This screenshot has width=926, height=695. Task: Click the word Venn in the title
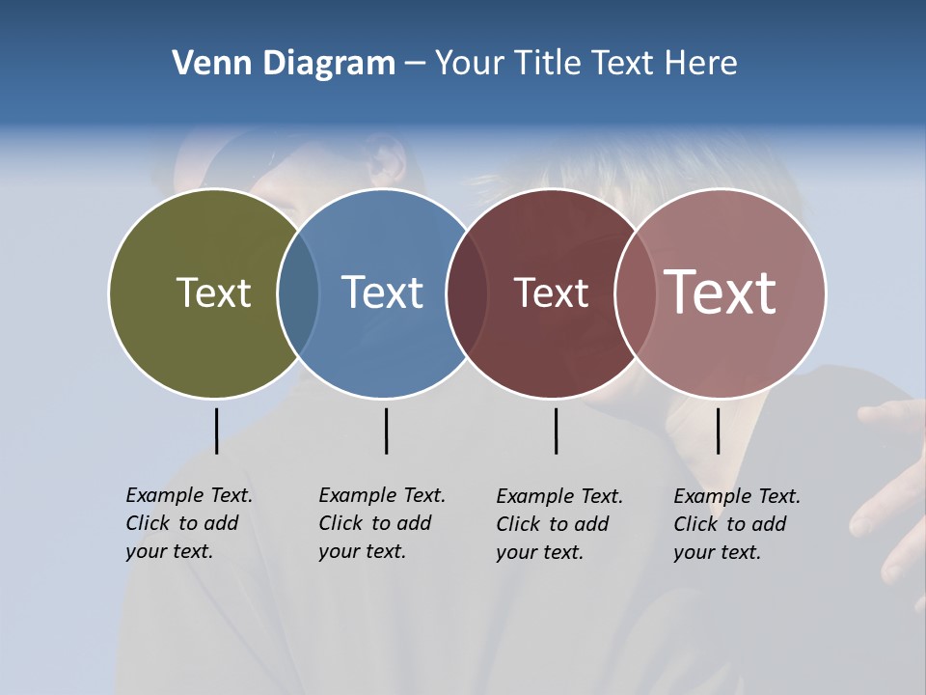coord(204,64)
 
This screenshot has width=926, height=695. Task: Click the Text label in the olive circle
coord(213,292)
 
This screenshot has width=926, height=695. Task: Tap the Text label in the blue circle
coord(383,292)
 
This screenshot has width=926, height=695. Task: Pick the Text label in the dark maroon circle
coord(551,292)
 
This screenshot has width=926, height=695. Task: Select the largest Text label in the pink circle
coord(721,292)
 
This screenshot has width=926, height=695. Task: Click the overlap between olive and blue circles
coord(298,293)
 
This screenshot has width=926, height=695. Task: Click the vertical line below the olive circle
coord(216,431)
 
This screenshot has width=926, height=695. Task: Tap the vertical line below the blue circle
coord(386,431)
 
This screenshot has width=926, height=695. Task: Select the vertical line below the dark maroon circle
coord(556,431)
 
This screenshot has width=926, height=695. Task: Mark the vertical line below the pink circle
coord(718,431)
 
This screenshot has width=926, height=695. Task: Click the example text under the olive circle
coord(188,523)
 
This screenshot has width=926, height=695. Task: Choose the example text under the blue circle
coord(381,523)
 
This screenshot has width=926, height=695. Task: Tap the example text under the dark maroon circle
coord(558,524)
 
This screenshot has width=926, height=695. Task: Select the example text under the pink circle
coord(736,524)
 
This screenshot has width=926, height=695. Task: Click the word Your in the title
coord(469,64)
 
